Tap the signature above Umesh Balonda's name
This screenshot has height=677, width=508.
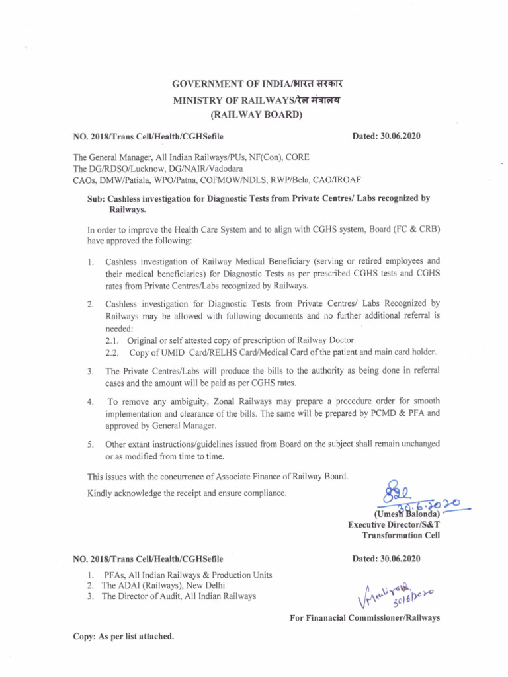pyautogui.click(x=394, y=493)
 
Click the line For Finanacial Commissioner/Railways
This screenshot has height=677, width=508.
pyautogui.click(x=364, y=618)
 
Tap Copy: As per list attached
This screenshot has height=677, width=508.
pyautogui.click(x=123, y=637)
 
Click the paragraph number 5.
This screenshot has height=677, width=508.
pyautogui.click(x=89, y=444)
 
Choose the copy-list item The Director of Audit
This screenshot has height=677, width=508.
pyautogui.click(x=145, y=596)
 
